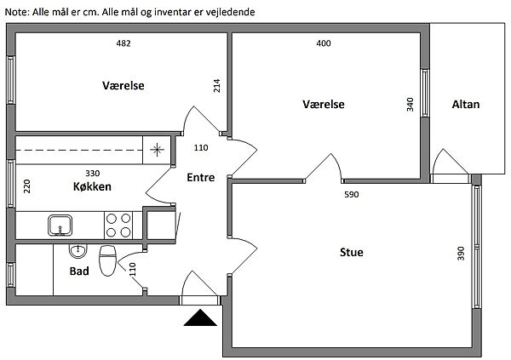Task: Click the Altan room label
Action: point(466,105)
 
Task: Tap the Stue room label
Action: point(351,252)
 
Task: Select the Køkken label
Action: point(91,187)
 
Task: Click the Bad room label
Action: point(80,272)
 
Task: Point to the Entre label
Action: point(201,178)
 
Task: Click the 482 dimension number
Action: point(123,43)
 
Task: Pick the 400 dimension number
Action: point(323,43)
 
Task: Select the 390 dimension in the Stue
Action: point(461,253)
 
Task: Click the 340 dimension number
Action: point(411,105)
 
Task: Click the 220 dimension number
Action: point(27,187)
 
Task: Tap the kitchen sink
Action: point(60,225)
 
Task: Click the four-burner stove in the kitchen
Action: point(118,225)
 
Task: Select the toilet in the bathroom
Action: point(107,261)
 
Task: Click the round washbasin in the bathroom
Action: point(78,250)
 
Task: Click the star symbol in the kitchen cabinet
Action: point(157,151)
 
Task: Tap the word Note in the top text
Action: point(16,12)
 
